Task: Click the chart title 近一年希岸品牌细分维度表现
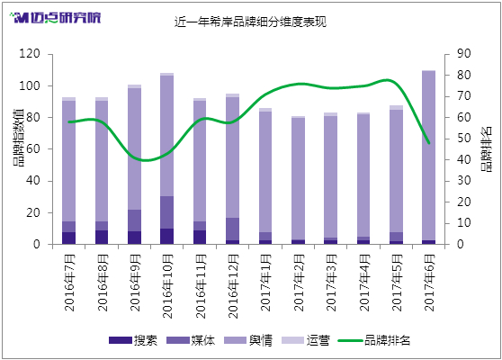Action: pos(250,22)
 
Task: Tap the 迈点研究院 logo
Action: pos(55,18)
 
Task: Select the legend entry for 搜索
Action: pos(133,340)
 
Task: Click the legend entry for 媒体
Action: pos(191,340)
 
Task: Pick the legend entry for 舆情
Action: pos(248,340)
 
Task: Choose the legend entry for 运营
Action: pos(306,340)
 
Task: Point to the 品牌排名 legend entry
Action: pos(374,340)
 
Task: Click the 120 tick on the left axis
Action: pos(30,53)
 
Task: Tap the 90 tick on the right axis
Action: pos(464,53)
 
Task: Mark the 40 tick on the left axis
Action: pos(33,180)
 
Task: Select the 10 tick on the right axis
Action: pos(464,223)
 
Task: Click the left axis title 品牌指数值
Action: pos(19,138)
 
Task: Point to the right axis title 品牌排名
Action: pos(487,149)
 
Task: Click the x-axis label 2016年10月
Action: pos(167,286)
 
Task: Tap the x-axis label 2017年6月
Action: pos(430,283)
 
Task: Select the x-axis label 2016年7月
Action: pos(70,283)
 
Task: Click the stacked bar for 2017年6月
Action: pos(429,157)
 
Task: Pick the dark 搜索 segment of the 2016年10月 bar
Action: pos(167,237)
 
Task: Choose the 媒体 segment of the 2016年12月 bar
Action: pos(232,229)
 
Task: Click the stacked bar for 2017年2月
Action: pos(298,180)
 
